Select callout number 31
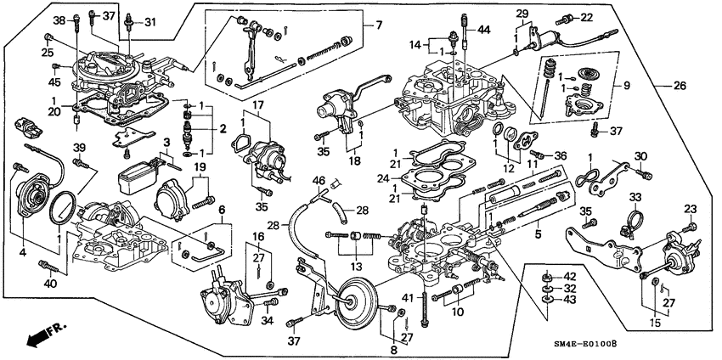pos(149,21)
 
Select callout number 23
pos(690,209)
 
